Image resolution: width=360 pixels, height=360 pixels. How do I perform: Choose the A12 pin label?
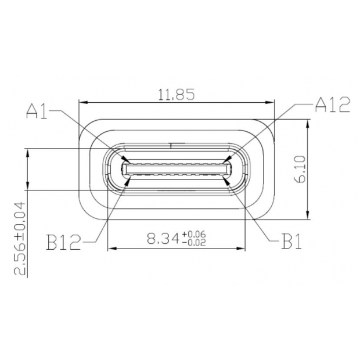(332, 105)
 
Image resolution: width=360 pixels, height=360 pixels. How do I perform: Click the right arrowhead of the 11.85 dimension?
(271, 103)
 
